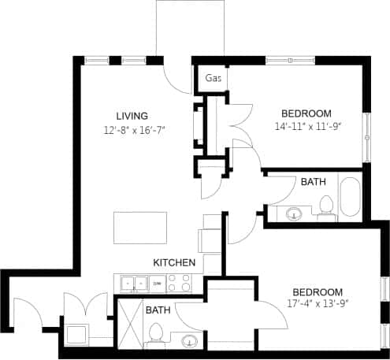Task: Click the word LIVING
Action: tap(132, 116)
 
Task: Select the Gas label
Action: tap(213, 79)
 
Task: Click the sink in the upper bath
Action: tap(295, 213)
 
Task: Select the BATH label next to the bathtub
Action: tap(313, 182)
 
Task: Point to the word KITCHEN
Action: tap(173, 262)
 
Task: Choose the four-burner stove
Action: tap(182, 283)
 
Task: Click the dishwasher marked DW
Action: tap(158, 283)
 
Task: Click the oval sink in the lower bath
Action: tap(189, 341)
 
